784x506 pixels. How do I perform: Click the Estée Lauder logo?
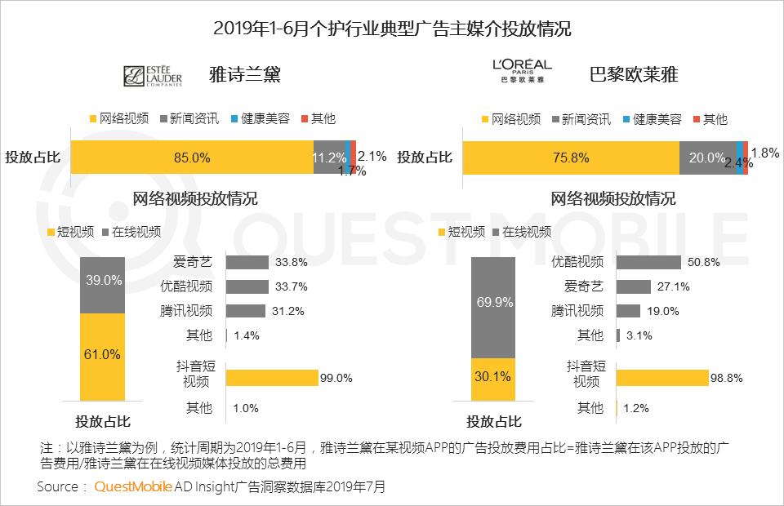coord(153,76)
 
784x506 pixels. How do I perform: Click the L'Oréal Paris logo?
coord(522,71)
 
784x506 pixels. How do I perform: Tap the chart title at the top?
coord(392,28)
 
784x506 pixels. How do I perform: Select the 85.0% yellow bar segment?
coord(192,157)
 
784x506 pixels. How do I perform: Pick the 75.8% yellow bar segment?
coord(571,158)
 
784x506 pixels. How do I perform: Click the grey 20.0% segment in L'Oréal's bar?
coord(707,158)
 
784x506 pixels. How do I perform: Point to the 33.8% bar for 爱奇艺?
coord(247,262)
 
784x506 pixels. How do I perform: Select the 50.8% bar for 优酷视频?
coord(648,262)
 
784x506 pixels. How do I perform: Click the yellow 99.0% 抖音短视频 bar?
coord(272,378)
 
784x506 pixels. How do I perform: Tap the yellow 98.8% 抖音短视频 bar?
coord(662,378)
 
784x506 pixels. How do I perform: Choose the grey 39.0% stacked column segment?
coord(103,285)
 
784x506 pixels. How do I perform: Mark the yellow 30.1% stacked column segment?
coord(493,379)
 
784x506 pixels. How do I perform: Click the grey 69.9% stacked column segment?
coord(493,308)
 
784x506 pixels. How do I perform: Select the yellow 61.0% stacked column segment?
coord(103,357)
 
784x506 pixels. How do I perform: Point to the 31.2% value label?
coord(288,311)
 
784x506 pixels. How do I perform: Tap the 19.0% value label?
coord(663,311)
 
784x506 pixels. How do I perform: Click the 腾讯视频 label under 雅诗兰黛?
coord(186,311)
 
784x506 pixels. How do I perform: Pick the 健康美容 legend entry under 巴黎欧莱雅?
coord(653,119)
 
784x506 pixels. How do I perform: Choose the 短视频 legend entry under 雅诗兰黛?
coord(70,232)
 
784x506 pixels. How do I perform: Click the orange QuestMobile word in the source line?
coord(133,486)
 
